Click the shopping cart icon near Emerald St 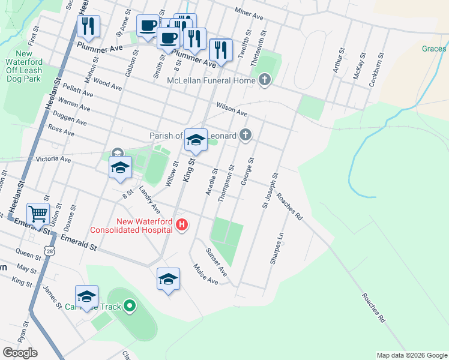pos(38,213)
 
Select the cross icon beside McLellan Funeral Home pos(265,80)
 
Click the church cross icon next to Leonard pos(245,135)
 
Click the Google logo pos(20,353)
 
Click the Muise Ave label pos(205,274)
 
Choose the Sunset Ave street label pos(217,262)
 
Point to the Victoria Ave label pos(53,160)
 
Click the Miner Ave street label pos(249,13)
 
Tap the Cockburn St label pos(375,70)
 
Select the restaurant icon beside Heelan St pos(88,26)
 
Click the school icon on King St pos(195,140)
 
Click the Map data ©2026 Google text pos(411,355)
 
